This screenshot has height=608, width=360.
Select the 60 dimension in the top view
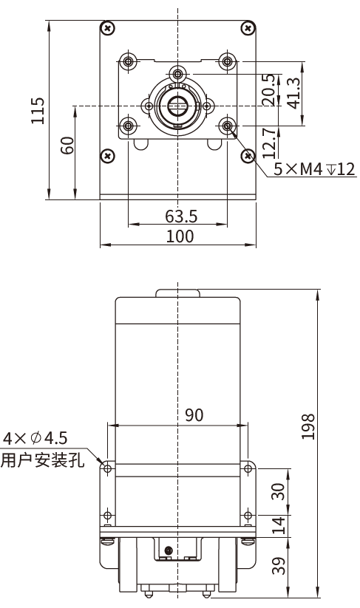(x=67, y=145)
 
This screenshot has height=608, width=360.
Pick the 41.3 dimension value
(x=293, y=93)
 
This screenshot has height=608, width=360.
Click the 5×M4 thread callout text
(x=314, y=170)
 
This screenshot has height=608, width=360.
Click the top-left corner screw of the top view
(x=109, y=28)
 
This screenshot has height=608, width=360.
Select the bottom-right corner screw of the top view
(x=246, y=155)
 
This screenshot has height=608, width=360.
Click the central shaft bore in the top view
(x=177, y=106)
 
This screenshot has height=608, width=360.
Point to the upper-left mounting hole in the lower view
(x=108, y=468)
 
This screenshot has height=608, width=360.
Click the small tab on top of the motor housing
(x=177, y=293)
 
